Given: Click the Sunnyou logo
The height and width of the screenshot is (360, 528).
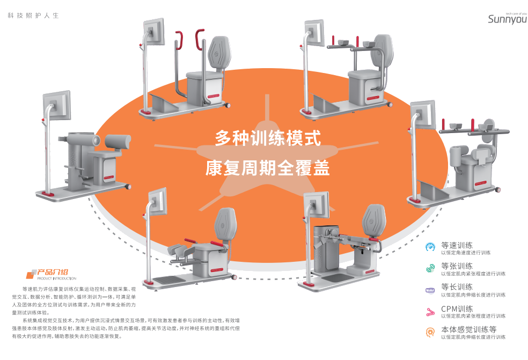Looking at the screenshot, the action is point(508,19).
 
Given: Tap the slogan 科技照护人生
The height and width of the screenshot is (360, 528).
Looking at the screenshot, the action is point(33,16).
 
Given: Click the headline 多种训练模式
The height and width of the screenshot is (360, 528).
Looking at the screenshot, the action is point(268,138).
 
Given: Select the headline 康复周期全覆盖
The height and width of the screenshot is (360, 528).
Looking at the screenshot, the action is point(268,168).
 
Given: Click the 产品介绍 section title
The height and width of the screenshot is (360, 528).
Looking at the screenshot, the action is point(53,272).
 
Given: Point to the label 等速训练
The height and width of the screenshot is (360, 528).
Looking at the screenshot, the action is point(457,245).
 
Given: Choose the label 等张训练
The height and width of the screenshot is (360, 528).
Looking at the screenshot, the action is point(457,266).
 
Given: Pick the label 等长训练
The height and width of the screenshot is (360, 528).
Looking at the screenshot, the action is point(457,287).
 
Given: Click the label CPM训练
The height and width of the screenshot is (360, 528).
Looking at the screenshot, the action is point(457,308).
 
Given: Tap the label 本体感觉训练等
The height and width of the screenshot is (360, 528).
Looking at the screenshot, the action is point(469,329).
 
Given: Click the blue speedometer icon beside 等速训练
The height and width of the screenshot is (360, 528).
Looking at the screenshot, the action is point(430,247).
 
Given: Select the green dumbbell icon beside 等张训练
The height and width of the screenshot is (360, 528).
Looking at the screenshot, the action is point(430,268).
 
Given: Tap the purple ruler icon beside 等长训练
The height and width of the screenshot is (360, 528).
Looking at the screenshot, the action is point(430,290).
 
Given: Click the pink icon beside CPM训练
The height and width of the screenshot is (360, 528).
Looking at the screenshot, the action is point(430,312).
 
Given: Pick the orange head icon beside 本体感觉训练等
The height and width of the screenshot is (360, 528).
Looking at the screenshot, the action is point(430,333).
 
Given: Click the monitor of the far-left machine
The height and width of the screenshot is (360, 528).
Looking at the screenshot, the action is point(56,105).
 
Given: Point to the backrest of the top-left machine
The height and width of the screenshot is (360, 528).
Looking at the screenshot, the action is point(219,53).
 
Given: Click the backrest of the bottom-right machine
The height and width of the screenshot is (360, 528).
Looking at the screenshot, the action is point(373,221).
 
